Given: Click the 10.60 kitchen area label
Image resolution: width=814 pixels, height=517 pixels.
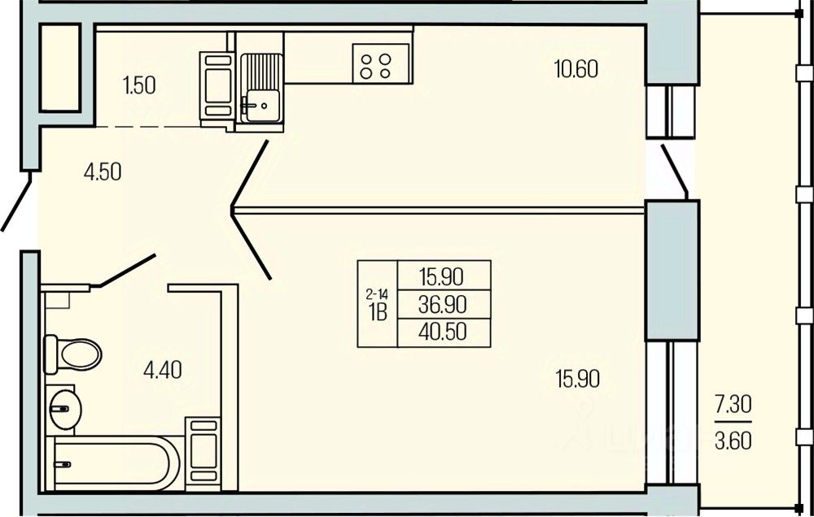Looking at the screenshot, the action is pos(576,70).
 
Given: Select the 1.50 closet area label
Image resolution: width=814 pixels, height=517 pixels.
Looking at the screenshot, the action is pos(138,85).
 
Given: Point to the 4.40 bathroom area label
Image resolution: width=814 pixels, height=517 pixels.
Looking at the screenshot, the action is pos(162,371).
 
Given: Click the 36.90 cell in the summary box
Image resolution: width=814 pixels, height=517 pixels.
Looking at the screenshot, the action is pos(442,304).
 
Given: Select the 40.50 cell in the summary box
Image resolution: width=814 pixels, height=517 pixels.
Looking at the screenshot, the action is pos(442,332).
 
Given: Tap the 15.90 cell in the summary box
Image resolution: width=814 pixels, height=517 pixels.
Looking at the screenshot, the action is pos(442,276).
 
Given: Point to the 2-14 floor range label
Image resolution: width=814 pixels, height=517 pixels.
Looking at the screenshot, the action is pos(377,293).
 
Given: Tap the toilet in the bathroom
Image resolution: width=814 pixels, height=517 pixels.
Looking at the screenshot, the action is pos(73,354).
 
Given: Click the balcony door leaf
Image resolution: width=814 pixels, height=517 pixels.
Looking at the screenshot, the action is pos(675,170).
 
